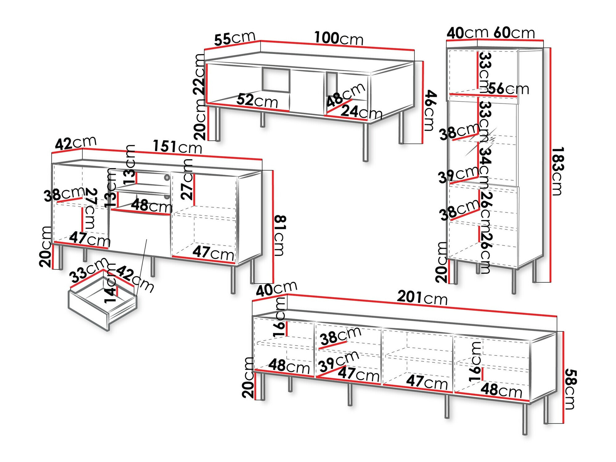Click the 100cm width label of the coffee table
339,38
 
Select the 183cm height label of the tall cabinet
557,171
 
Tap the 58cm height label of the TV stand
570,389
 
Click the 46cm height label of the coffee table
429,110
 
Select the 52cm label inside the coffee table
257,100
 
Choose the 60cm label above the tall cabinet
514,33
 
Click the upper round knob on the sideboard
167,178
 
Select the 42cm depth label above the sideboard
76,143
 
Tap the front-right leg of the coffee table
366,142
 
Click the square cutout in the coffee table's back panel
276,80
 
